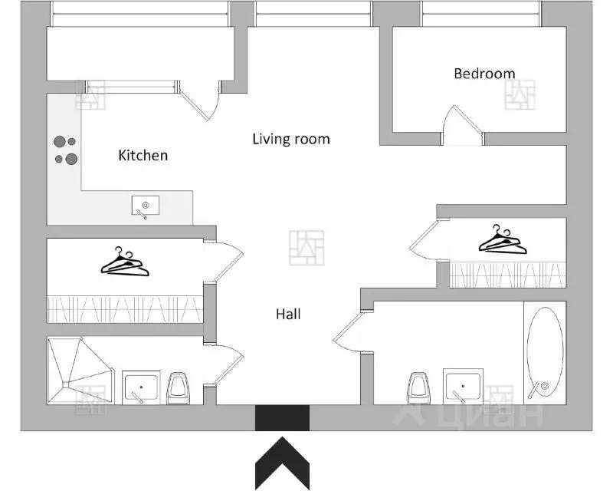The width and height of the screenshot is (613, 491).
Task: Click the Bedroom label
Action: [484, 74]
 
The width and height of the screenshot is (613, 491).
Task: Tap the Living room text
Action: [291, 139]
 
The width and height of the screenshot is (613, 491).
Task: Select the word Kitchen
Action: [143, 156]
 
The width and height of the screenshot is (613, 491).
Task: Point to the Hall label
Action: [288, 314]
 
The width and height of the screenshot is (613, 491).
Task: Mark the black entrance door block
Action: [282, 418]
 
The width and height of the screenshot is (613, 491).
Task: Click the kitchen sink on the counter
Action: [146, 206]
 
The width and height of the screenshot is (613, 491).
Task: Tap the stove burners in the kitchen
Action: [66, 150]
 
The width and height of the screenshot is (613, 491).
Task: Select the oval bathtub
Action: [545, 353]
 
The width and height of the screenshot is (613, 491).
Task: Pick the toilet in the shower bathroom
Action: [178, 388]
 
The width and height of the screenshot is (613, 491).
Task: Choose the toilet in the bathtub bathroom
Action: [418, 388]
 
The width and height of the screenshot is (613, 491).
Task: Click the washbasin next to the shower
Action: [141, 387]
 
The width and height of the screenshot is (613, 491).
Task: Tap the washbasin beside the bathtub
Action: [463, 386]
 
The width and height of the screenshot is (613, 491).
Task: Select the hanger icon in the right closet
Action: [503, 239]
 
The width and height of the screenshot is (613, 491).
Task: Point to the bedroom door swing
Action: [463, 124]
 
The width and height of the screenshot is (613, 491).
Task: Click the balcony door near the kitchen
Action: [199, 101]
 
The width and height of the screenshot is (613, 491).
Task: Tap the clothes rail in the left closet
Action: [125, 309]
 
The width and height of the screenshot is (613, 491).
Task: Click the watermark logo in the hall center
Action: [306, 248]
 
